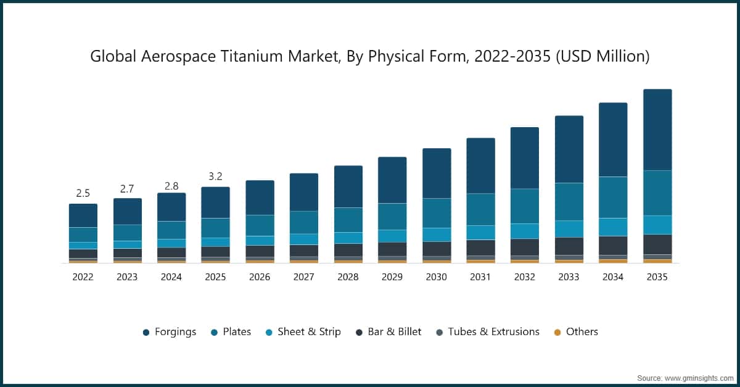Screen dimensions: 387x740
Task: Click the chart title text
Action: point(370,56)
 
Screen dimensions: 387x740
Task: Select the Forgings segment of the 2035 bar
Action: point(657,130)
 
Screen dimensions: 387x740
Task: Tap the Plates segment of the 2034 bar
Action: point(613,198)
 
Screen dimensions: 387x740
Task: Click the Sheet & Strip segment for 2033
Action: point(569,228)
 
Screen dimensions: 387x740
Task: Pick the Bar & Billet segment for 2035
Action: point(657,244)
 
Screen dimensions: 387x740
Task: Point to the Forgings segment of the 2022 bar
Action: point(83,215)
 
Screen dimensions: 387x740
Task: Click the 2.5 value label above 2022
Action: point(83,193)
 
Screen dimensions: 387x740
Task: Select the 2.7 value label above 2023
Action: point(127,188)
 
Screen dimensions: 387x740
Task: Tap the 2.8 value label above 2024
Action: point(171,186)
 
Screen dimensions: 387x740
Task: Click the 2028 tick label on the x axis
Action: point(348,277)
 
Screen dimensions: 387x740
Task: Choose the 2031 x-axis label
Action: point(480,277)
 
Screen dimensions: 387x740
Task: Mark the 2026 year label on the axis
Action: point(260,277)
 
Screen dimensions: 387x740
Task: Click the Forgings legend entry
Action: point(170,332)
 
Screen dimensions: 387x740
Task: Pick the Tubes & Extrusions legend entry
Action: point(487,332)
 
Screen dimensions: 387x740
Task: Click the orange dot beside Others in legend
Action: point(557,332)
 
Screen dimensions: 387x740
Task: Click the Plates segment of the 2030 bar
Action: point(436,213)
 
